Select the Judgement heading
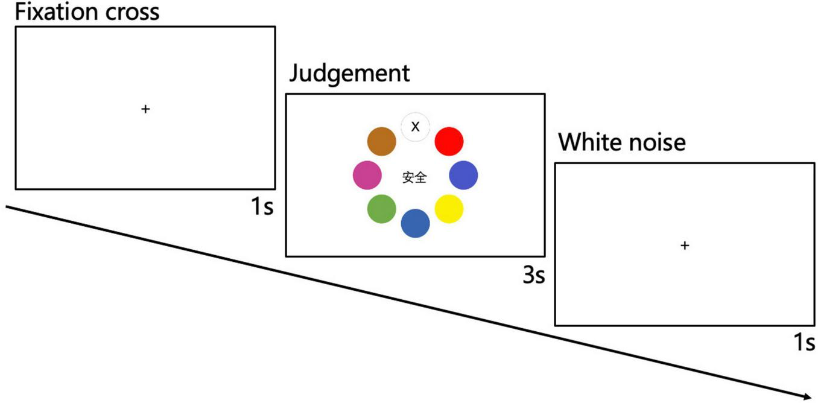[349, 74]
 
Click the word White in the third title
[591, 142]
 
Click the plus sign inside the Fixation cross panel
[145, 109]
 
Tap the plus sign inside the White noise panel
[685, 246]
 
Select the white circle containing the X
[415, 127]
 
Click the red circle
[449, 141]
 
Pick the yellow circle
[449, 209]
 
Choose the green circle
[381, 209]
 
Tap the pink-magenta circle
[367, 176]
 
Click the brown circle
[381, 141]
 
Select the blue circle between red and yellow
[463, 176]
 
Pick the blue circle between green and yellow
[415, 223]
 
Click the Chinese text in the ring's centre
[414, 177]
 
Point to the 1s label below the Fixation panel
[262, 207]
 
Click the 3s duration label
[533, 276]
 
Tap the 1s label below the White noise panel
[804, 343]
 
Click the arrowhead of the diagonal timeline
[805, 396]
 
